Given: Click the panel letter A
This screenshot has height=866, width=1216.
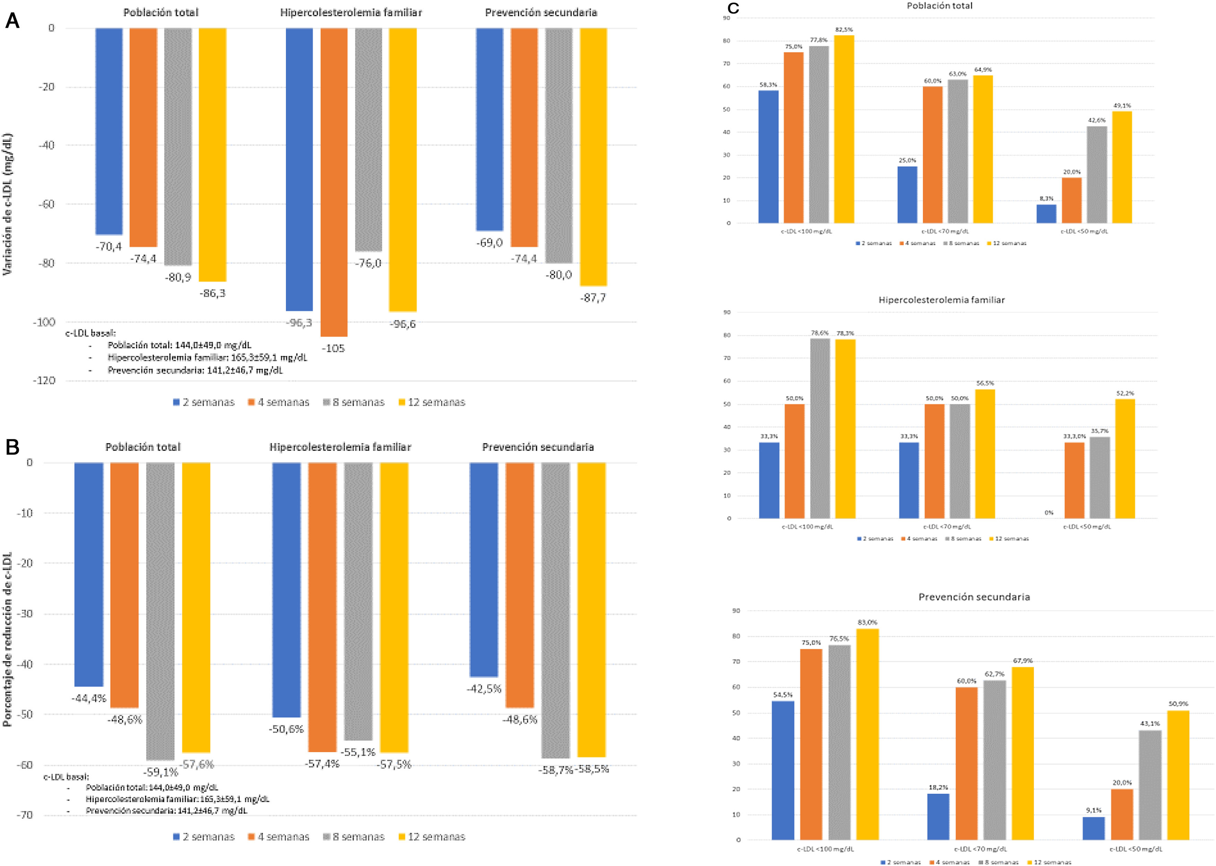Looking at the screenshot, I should point(12,21).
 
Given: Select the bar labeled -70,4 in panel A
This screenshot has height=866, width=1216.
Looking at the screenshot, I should point(109,131).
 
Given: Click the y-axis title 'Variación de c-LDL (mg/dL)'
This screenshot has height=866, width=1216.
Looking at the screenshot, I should point(8,204).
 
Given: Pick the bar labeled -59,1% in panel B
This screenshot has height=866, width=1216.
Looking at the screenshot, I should point(160,610).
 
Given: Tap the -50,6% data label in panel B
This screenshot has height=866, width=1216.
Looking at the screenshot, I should point(286,729).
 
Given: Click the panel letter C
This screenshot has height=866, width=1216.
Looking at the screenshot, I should point(733,8).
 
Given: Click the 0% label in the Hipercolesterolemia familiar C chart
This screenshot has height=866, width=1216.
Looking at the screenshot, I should point(1049,512).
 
